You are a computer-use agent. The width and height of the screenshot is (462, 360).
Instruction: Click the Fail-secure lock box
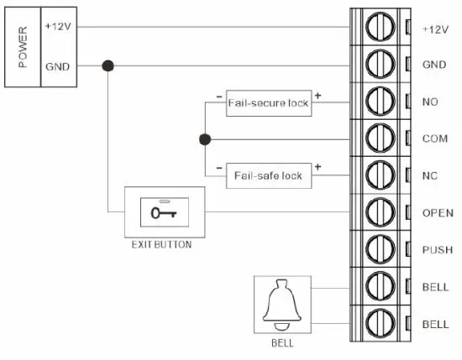268,103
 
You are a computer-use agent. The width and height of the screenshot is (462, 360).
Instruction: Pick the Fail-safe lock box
268,175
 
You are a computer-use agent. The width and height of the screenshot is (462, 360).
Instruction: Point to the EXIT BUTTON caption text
162,245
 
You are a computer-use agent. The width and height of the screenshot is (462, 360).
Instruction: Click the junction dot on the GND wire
108,65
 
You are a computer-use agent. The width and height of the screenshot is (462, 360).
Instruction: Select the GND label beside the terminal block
433,65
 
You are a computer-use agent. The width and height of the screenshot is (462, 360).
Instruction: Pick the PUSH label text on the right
435,250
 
